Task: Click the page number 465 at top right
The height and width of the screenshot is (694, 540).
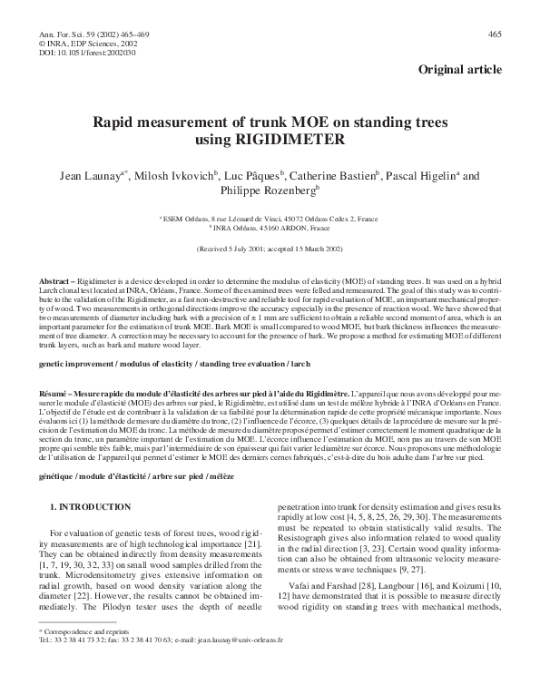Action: (x=495, y=34)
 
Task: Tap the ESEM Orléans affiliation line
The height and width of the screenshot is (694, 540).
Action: (x=270, y=219)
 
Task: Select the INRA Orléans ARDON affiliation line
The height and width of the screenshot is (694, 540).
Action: (x=270, y=228)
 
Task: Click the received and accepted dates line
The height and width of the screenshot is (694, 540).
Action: (x=270, y=248)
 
